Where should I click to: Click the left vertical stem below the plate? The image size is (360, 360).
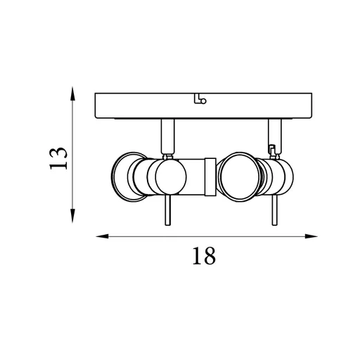pos(169,136)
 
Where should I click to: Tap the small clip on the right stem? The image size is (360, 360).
pos(272,148)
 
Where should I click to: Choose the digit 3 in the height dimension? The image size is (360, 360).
pos(59,150)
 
